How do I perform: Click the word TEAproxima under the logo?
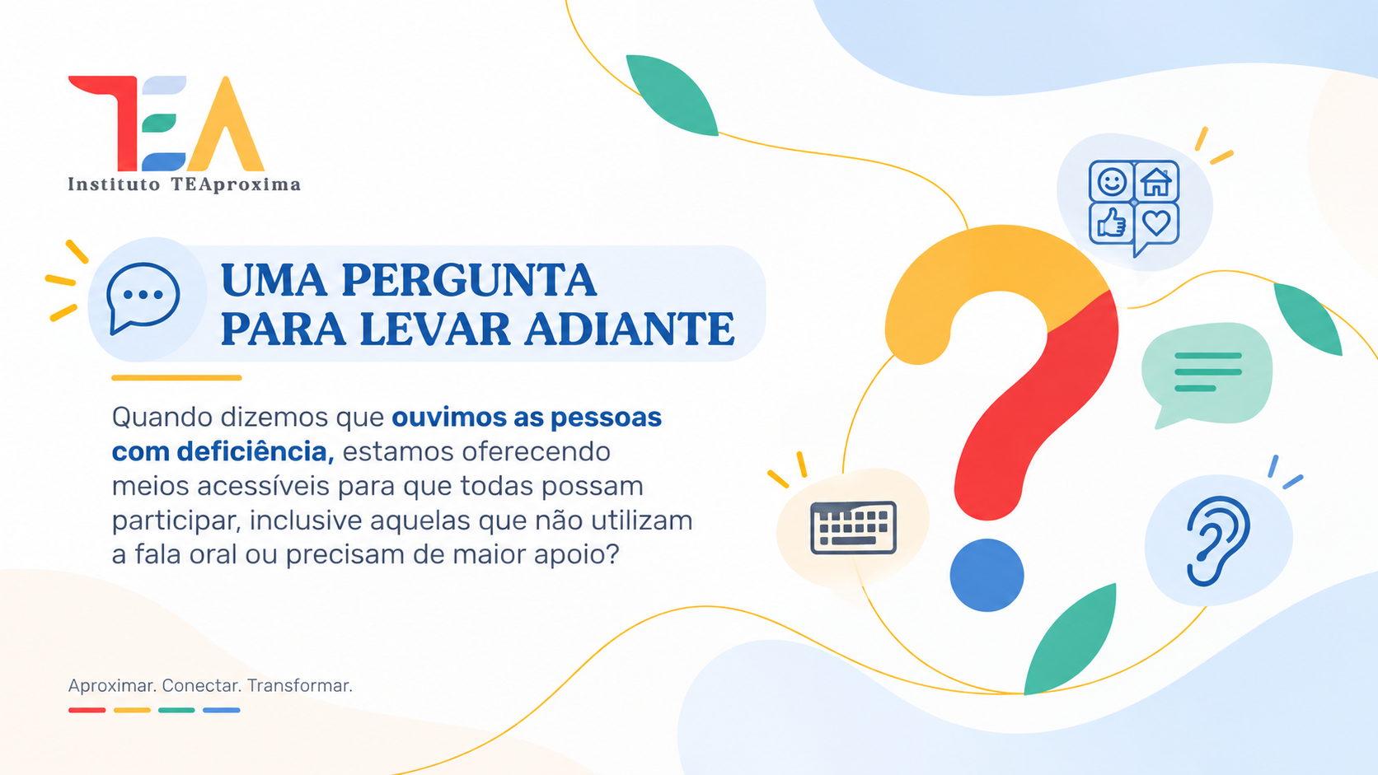tap(236, 184)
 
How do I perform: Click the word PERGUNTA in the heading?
tap(469, 281)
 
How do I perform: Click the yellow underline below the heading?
tap(176, 378)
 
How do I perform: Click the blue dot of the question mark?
tap(987, 575)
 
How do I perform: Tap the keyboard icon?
tap(853, 528)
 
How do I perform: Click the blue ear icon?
tap(1217, 541)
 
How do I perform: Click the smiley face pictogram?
tap(1112, 182)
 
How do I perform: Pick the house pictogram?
tap(1156, 182)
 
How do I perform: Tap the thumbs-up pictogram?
tap(1112, 222)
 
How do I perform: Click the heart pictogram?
tap(1156, 222)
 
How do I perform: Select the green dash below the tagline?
tap(176, 711)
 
